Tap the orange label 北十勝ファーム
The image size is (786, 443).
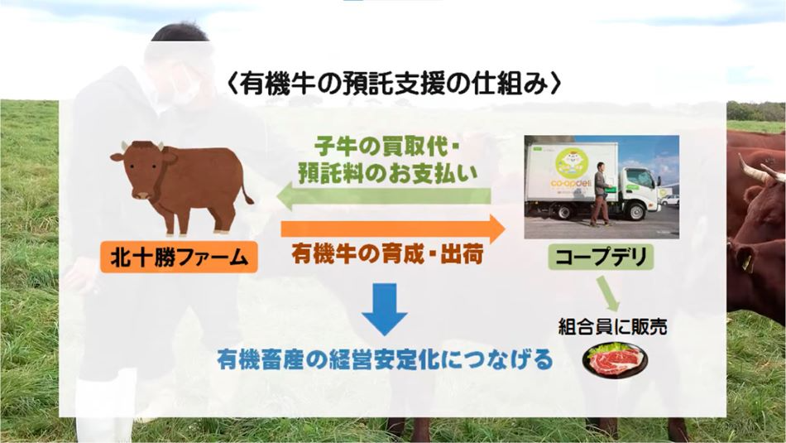pyautogui.click(x=179, y=258)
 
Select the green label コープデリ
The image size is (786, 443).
pyautogui.click(x=601, y=257)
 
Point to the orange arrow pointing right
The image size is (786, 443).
pyautogui.click(x=393, y=229)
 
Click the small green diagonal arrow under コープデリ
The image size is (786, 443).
pyautogui.click(x=608, y=294)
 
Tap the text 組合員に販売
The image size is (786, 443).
pyautogui.click(x=612, y=327)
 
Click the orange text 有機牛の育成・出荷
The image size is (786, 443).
pyautogui.click(x=387, y=254)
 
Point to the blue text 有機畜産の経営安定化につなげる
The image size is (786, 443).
pyautogui.click(x=385, y=359)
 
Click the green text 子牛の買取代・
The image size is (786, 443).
pyautogui.click(x=387, y=147)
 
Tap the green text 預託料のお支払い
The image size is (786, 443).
pyautogui.click(x=387, y=173)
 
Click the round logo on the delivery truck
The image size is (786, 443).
pyautogui.click(x=572, y=161)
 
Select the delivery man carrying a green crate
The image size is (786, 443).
pyautogui.click(x=601, y=194)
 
